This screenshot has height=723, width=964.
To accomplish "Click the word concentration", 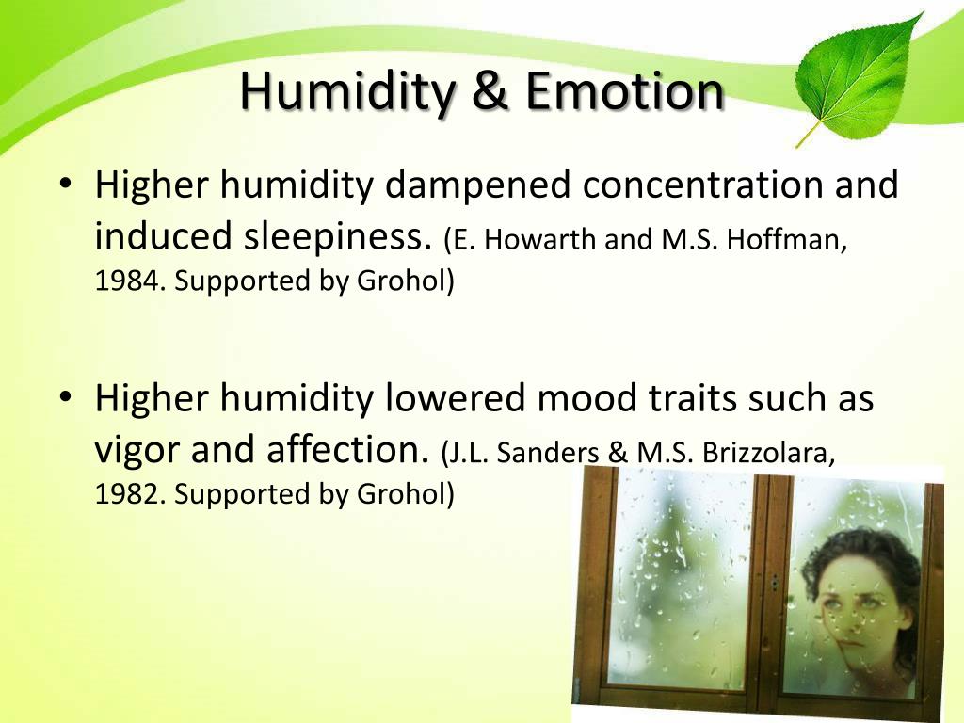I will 702,185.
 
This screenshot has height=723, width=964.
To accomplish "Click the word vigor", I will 138,452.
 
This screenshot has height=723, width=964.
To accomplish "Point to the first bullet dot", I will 65,183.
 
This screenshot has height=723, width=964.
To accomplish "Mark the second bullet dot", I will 65,396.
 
